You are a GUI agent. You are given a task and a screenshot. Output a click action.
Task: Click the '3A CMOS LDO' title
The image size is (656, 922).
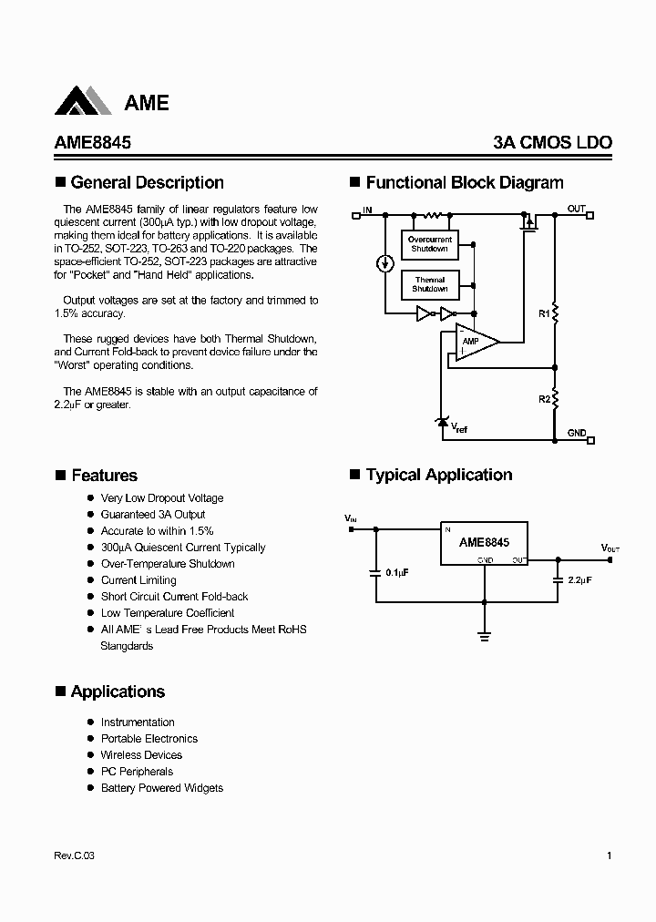[x=552, y=142]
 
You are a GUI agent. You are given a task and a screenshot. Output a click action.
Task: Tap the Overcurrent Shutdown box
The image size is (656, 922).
[x=429, y=244]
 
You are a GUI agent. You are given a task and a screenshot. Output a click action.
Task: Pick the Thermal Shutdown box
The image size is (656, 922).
[x=429, y=284]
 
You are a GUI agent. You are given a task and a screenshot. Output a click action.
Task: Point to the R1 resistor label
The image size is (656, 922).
[x=543, y=313]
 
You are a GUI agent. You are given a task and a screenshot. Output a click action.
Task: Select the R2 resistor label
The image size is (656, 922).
[x=543, y=399]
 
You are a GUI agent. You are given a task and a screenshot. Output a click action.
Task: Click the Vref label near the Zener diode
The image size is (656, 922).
[x=459, y=427]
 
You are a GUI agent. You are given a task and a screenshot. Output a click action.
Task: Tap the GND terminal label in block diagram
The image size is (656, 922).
[x=576, y=433]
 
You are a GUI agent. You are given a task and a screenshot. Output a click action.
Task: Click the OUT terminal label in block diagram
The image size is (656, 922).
[x=576, y=209]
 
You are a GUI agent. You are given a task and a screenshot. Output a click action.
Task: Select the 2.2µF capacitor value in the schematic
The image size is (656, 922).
[x=579, y=579]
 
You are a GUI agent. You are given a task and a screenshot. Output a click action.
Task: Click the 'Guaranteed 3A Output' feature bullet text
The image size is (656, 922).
[x=153, y=515]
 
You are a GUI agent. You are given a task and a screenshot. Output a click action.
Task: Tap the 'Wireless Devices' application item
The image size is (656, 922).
[x=141, y=755]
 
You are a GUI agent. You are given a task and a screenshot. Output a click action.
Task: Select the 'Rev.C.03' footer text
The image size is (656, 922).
[x=74, y=855]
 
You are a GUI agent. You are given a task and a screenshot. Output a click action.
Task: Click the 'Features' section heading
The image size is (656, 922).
[x=104, y=476]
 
